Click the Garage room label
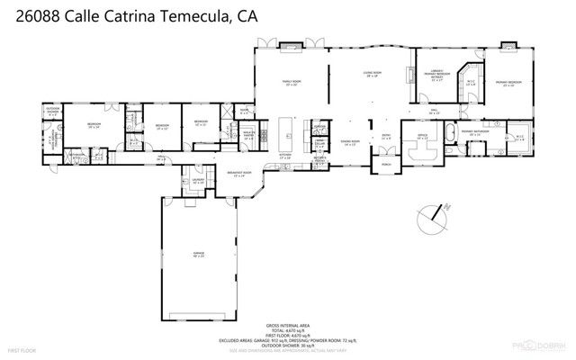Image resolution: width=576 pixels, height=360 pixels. [197, 255]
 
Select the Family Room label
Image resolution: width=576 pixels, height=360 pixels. [292, 82]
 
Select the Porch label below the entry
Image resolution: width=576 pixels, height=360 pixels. [387, 165]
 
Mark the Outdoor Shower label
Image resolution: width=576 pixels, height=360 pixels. [51, 113]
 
